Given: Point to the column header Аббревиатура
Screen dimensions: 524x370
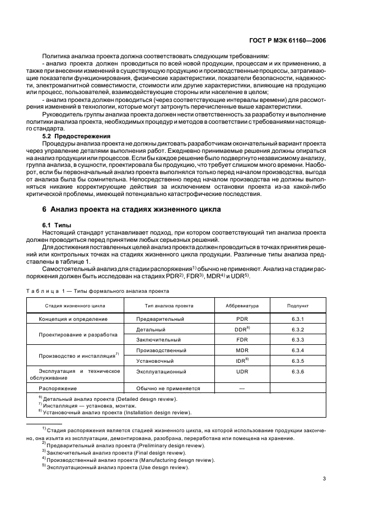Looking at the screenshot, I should click(242, 306).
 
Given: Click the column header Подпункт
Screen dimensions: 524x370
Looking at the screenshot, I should click(298, 306).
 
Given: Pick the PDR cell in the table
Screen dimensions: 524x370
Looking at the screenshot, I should click(242, 319).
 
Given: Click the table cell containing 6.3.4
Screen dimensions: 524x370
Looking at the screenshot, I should click(298, 350).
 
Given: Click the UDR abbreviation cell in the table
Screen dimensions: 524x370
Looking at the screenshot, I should click(242, 371).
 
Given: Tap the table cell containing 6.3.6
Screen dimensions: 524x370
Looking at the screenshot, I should click(298, 371).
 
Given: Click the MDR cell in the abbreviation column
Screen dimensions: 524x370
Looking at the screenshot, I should click(242, 350).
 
